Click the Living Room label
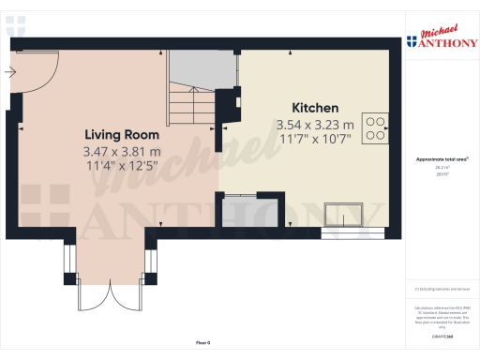click(x=123, y=134)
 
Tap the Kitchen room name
click(x=314, y=108)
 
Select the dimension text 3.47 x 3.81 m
click(x=123, y=151)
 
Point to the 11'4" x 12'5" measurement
click(x=123, y=166)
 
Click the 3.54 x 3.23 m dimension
click(x=314, y=124)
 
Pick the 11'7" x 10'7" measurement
click(x=314, y=139)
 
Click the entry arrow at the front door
click(x=11, y=71)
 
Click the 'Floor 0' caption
click(x=203, y=344)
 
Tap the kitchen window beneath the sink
click(x=351, y=228)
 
